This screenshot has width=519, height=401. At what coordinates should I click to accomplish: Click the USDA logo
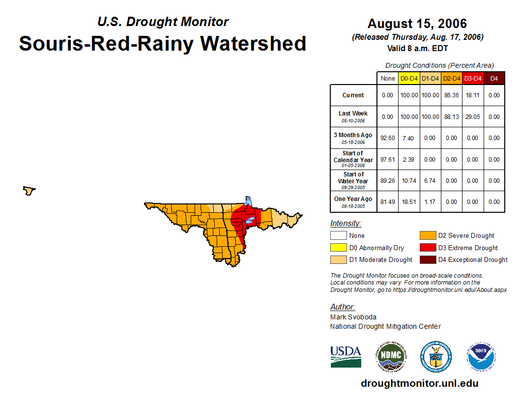click(x=346, y=356)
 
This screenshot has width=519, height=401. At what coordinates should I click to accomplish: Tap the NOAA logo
click(x=481, y=356)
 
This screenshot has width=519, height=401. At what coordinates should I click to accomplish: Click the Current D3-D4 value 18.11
click(x=473, y=95)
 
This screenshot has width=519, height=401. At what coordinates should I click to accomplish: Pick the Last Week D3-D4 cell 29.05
click(x=473, y=117)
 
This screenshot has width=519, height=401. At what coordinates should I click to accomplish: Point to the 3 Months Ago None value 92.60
click(x=387, y=138)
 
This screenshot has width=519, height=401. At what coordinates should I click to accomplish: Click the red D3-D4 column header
click(x=473, y=78)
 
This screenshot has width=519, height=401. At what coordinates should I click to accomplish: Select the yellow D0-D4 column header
click(x=409, y=78)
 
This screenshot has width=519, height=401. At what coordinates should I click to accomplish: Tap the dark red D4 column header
click(x=494, y=78)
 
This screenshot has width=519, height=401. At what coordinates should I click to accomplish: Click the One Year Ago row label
click(x=353, y=199)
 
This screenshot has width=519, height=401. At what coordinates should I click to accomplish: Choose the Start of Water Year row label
click(x=353, y=178)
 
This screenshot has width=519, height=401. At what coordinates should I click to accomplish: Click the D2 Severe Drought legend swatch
click(x=427, y=236)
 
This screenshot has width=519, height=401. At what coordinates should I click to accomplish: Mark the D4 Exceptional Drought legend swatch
click(x=427, y=259)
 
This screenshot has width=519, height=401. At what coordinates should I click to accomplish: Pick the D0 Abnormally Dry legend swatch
click(x=338, y=248)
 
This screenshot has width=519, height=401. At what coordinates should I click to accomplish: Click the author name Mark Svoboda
click(x=353, y=317)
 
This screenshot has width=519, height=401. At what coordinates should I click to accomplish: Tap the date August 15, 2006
click(x=417, y=24)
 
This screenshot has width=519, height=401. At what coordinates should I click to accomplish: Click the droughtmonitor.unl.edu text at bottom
click(x=419, y=383)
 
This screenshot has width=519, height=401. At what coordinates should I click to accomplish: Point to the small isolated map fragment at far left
click(x=29, y=190)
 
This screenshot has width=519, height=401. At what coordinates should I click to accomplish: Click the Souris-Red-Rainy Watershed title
click(x=163, y=44)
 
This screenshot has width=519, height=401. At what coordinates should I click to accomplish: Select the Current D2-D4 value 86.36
click(x=451, y=95)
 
